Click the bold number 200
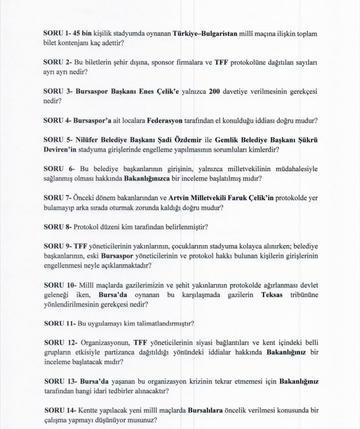pyautogui.click(x=214, y=91)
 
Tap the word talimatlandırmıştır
pyautogui.click(x=162, y=323)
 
